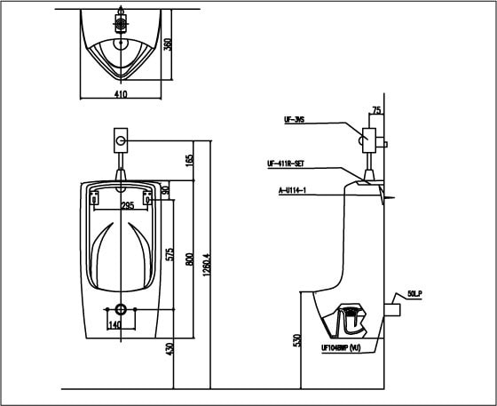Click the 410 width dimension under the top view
click(122, 93)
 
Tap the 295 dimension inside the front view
click(128, 205)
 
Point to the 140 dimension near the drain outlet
click(114, 325)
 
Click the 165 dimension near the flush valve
click(188, 160)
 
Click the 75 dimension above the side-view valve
click(376, 110)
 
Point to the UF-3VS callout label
click(295, 119)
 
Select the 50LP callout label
click(415, 292)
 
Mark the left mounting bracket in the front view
click(95, 198)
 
